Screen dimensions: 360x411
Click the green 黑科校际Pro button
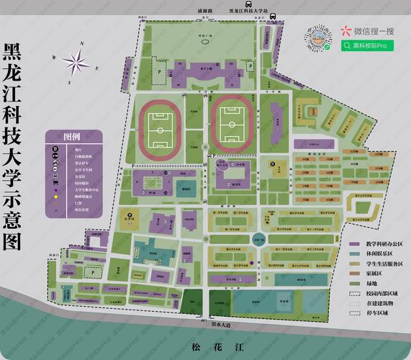(369, 45)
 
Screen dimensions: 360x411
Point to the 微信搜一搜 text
(372, 31)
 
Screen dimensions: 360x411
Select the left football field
(159, 127)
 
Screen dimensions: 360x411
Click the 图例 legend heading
(72, 137)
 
